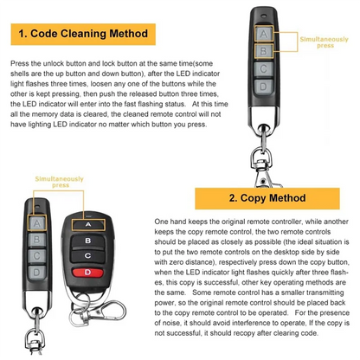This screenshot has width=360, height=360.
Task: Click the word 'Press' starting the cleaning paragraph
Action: [19, 65]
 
